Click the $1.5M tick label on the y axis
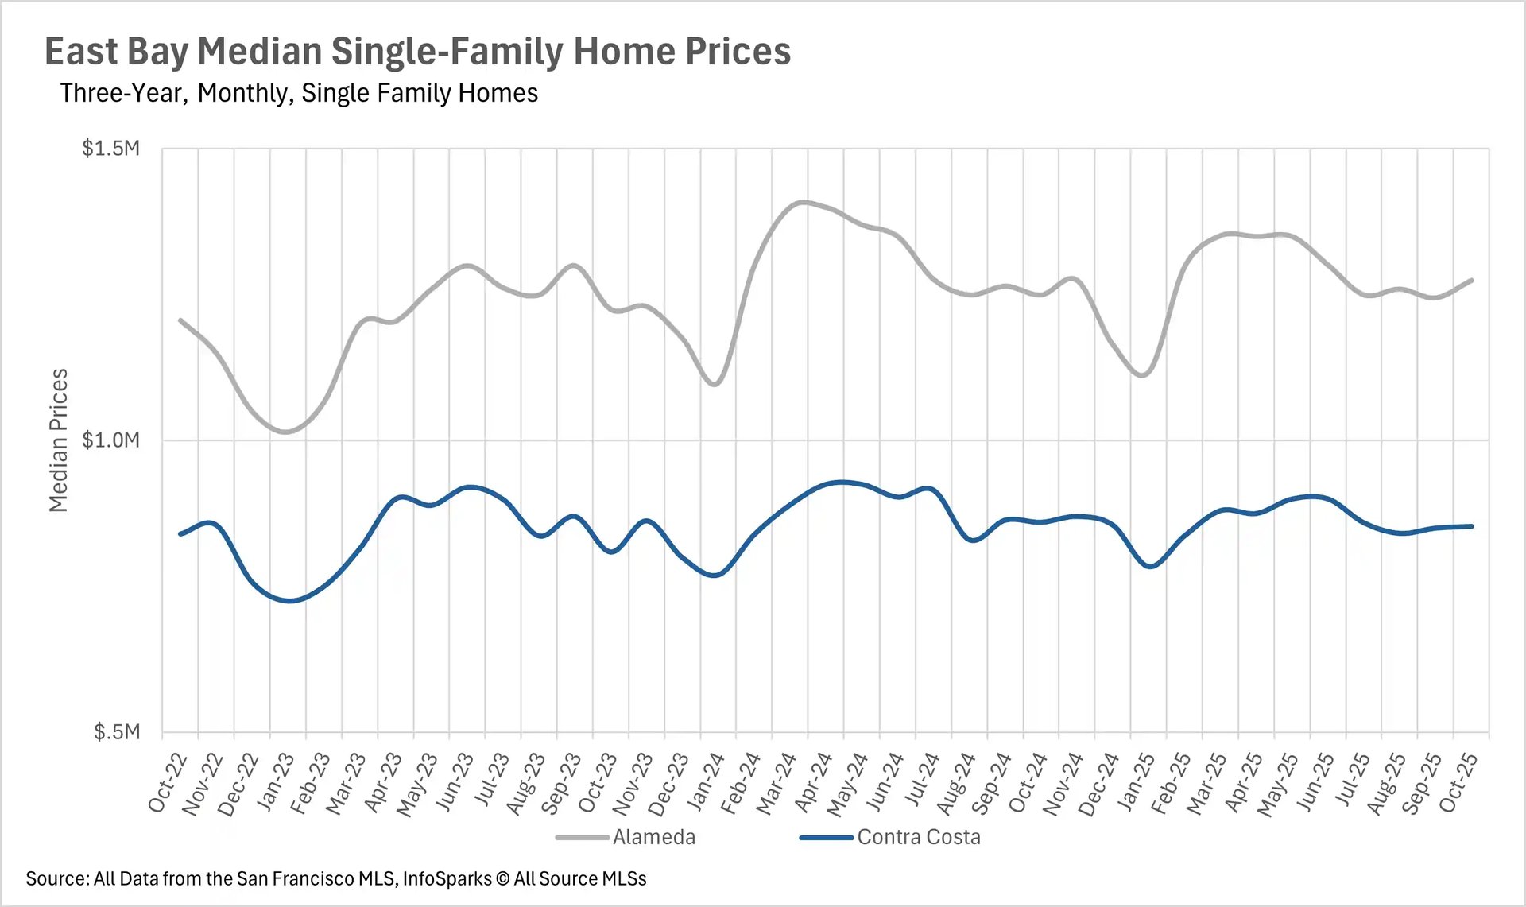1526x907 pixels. (x=110, y=149)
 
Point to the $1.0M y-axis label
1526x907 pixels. (x=110, y=440)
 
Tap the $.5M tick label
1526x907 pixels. (x=116, y=731)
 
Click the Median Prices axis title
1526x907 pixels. (x=59, y=440)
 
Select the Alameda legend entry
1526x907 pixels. (x=653, y=837)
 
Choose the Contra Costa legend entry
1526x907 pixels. (x=918, y=837)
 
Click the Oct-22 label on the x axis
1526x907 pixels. (x=168, y=782)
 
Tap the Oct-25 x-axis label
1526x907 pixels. (x=1459, y=782)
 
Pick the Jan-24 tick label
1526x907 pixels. (x=706, y=782)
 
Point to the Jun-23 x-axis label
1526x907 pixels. (x=455, y=782)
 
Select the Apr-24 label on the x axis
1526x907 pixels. (x=813, y=782)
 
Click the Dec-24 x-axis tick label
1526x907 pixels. (x=1100, y=782)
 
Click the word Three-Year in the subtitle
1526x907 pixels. (x=123, y=93)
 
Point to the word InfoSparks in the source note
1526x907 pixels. (x=447, y=878)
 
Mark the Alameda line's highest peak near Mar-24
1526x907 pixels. (x=804, y=202)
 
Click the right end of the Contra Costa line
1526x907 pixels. (x=1472, y=526)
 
